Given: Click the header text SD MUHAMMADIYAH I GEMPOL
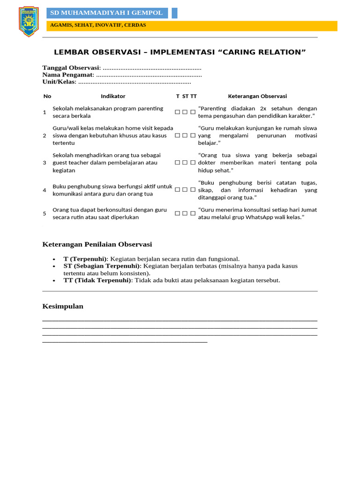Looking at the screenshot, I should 106,13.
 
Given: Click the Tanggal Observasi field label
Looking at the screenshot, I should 71,68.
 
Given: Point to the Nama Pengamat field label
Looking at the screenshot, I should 68,75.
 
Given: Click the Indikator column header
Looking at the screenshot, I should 113,96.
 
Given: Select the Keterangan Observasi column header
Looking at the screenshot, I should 257,96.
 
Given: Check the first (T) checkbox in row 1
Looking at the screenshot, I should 178,112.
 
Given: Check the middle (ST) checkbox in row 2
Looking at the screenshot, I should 185,135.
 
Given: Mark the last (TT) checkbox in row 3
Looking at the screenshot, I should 193,163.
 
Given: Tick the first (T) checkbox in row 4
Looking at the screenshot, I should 178,190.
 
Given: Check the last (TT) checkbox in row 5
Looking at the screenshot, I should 193,213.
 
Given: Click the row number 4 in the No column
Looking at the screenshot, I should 45,190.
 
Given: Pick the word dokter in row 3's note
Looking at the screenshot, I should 207,163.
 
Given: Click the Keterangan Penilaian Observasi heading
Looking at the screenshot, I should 97,244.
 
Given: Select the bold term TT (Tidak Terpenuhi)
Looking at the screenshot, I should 97,280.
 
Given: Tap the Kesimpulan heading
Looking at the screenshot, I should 63,306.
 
